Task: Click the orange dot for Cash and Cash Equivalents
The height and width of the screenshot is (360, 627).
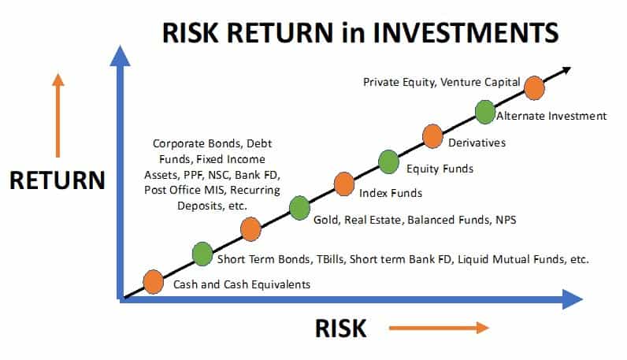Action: (x=153, y=281)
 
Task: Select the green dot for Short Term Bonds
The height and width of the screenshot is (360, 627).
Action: (x=202, y=254)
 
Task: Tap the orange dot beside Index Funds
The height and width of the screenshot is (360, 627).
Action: (x=343, y=184)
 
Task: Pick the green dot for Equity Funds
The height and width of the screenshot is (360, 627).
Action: (x=388, y=161)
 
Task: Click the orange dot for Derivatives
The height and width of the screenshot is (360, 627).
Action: (x=432, y=135)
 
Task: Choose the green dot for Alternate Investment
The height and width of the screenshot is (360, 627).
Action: (x=485, y=111)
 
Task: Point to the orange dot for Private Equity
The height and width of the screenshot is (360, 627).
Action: (x=534, y=88)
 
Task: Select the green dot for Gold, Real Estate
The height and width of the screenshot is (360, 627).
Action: (x=299, y=208)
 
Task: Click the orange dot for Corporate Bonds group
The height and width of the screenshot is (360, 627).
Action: (x=250, y=229)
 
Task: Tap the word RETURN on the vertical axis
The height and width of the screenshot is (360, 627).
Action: (x=57, y=180)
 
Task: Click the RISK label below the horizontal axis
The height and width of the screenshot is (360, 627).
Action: (x=341, y=328)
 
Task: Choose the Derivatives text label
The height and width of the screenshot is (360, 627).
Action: (x=477, y=143)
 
